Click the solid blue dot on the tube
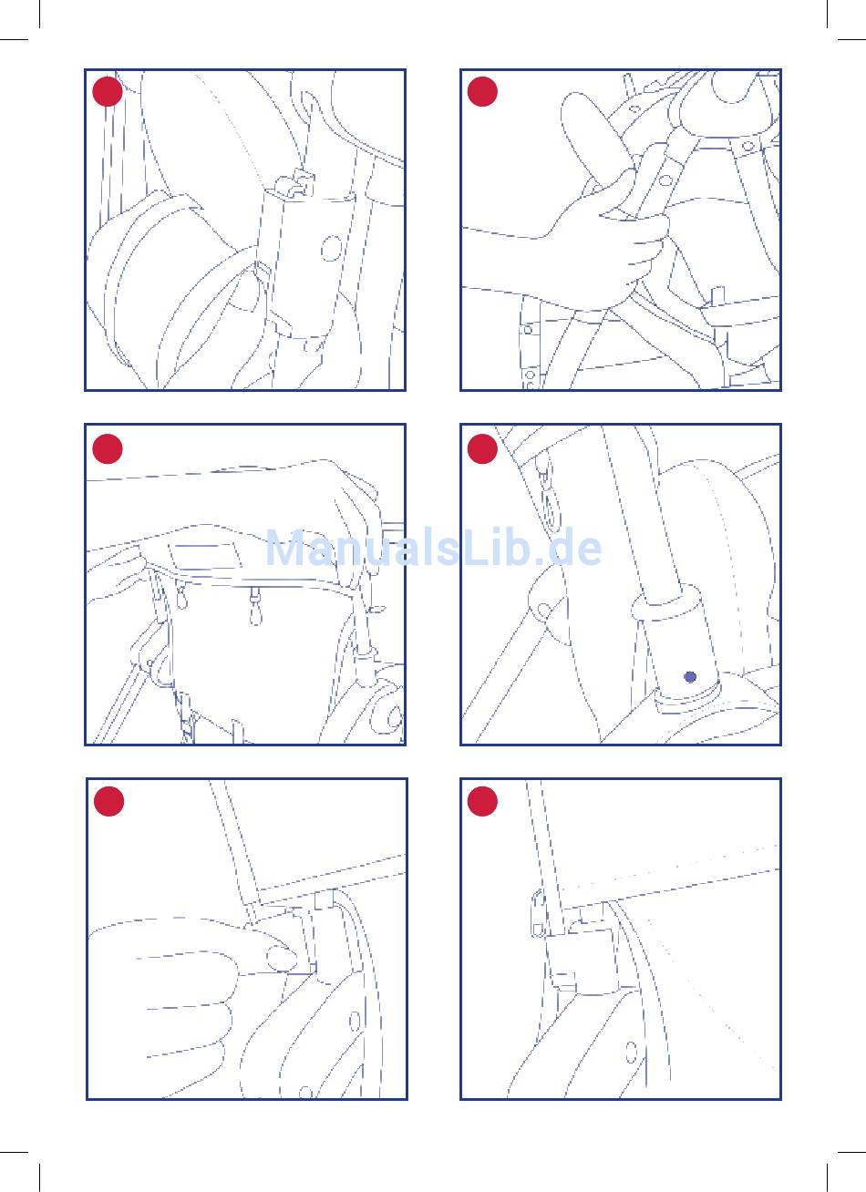click(x=690, y=677)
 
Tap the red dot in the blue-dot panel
click(x=482, y=448)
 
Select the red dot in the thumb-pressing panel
click(x=108, y=801)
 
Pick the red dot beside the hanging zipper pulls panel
click(x=108, y=448)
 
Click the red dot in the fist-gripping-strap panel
click(x=482, y=91)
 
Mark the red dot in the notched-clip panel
click(x=108, y=91)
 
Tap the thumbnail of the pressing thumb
click(x=282, y=959)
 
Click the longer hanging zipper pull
click(x=255, y=607)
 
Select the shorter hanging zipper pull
click(x=182, y=596)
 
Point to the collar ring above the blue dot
click(x=666, y=604)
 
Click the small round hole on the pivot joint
click(x=544, y=611)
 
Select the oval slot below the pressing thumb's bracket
click(x=355, y=1022)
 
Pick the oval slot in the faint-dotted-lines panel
click(x=631, y=1052)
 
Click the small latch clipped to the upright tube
click(x=538, y=913)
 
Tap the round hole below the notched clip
click(x=331, y=248)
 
